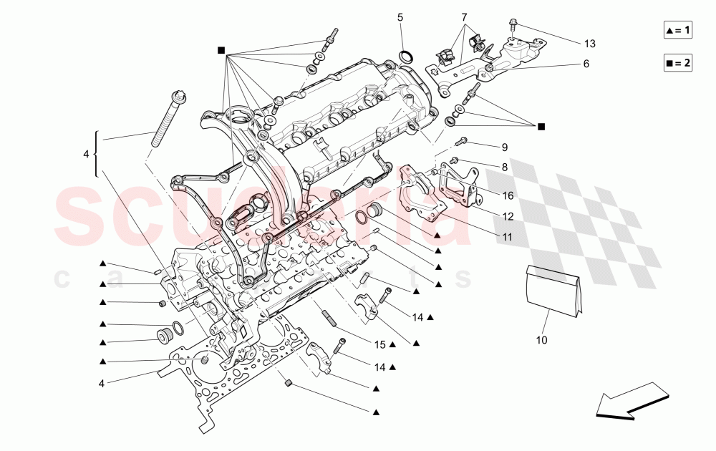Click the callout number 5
tap(400, 16)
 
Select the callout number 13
tap(589, 44)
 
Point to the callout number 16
tap(508, 195)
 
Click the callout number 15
tap(379, 344)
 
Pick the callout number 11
tap(508, 235)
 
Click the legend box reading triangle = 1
tap(677, 30)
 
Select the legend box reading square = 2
tap(677, 63)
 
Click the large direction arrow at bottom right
tap(630, 401)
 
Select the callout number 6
tap(585, 64)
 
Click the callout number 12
tap(508, 215)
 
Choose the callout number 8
tap(504, 167)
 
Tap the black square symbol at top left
tap(221, 50)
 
